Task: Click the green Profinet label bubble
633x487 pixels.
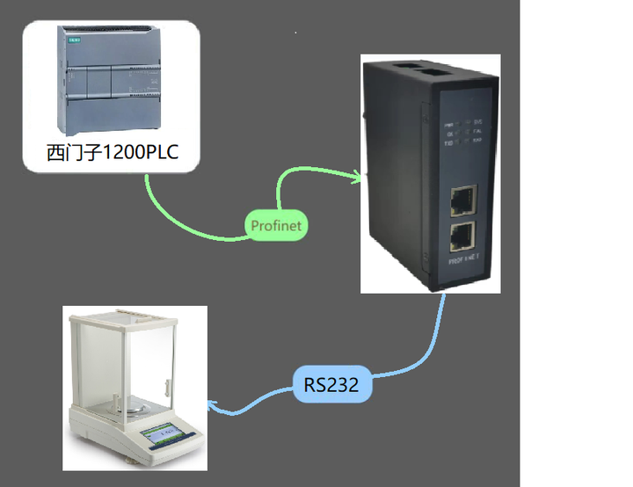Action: [x=275, y=226]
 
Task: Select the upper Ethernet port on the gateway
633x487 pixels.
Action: [x=462, y=201]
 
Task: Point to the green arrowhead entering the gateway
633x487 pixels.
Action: [x=356, y=178]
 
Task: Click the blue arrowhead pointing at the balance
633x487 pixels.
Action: [x=211, y=406]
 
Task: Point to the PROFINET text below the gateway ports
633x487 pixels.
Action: [x=462, y=261]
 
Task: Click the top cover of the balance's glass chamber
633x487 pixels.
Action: [x=123, y=316]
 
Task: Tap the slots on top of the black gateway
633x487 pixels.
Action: [x=419, y=67]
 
